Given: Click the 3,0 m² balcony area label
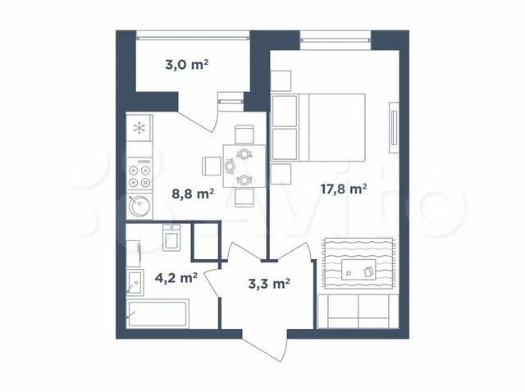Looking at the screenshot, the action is point(187,64).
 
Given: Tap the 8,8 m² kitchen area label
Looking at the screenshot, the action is point(193,194).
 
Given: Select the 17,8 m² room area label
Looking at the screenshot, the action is point(344,189).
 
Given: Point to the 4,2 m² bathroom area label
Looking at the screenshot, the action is point(176,277).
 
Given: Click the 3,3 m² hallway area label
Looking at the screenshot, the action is point(269,284).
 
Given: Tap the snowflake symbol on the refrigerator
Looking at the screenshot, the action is point(139,128).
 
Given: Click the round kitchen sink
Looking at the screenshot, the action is point(139,206).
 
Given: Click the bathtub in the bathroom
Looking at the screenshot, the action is point(157,313).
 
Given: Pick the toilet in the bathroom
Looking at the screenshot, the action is point(171,238).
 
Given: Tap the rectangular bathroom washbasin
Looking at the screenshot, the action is point(135,283).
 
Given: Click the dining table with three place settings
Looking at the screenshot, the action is point(244,166).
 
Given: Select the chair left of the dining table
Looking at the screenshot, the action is point(212,166).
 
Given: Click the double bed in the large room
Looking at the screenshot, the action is point(318,128).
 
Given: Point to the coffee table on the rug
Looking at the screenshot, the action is point(358,270).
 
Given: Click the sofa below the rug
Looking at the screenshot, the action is point(358,312).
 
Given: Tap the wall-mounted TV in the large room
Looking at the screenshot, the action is point(394,128).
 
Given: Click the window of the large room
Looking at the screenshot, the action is point(336,40).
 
